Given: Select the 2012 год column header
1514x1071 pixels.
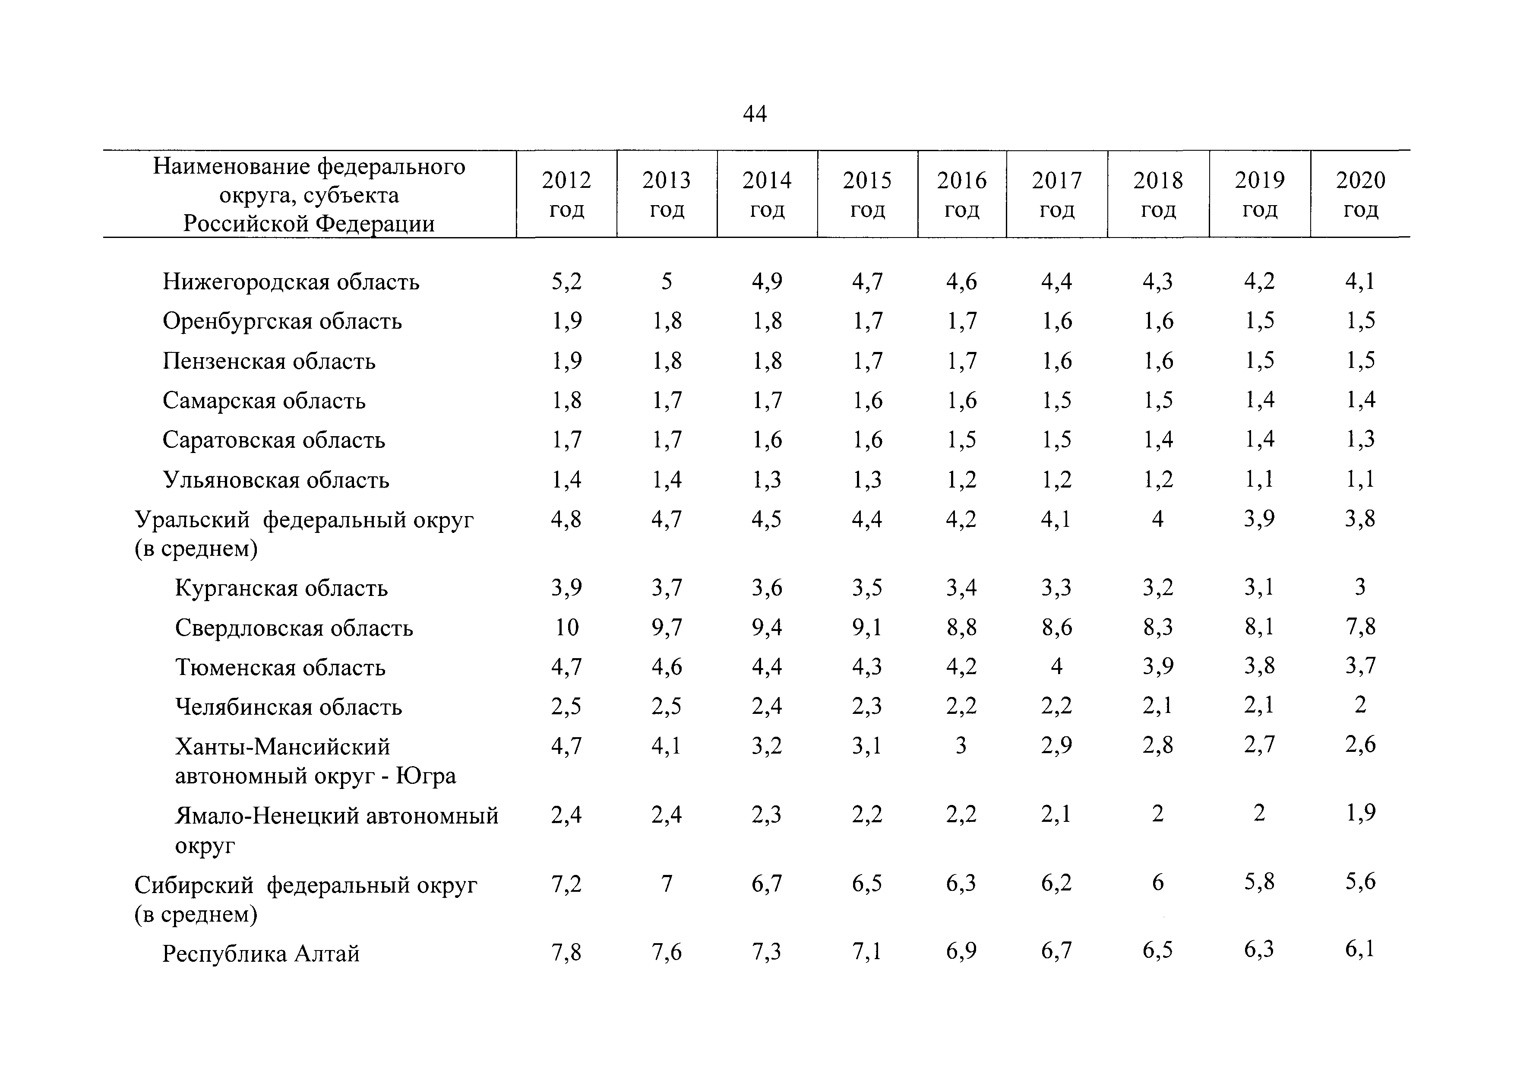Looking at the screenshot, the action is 566,194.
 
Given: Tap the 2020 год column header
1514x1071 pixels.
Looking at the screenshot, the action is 1360,194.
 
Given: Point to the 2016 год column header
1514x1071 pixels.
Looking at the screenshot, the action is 961,194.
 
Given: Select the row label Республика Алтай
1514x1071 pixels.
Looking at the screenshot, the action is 261,954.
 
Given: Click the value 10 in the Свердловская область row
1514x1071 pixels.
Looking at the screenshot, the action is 566,627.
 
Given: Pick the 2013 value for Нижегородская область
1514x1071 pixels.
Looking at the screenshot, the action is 667,282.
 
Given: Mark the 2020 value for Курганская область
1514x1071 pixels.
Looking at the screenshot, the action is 1360,587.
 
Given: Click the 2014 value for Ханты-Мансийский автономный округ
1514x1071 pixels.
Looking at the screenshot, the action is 767,745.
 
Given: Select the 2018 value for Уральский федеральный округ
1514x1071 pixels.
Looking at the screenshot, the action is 1157,519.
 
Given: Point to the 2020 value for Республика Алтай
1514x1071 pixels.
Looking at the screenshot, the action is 1360,950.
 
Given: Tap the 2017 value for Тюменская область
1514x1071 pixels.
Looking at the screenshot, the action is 1056,666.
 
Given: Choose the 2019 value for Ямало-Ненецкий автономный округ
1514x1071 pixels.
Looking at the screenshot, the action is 1259,814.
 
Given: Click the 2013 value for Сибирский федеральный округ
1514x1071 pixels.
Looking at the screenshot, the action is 667,883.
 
